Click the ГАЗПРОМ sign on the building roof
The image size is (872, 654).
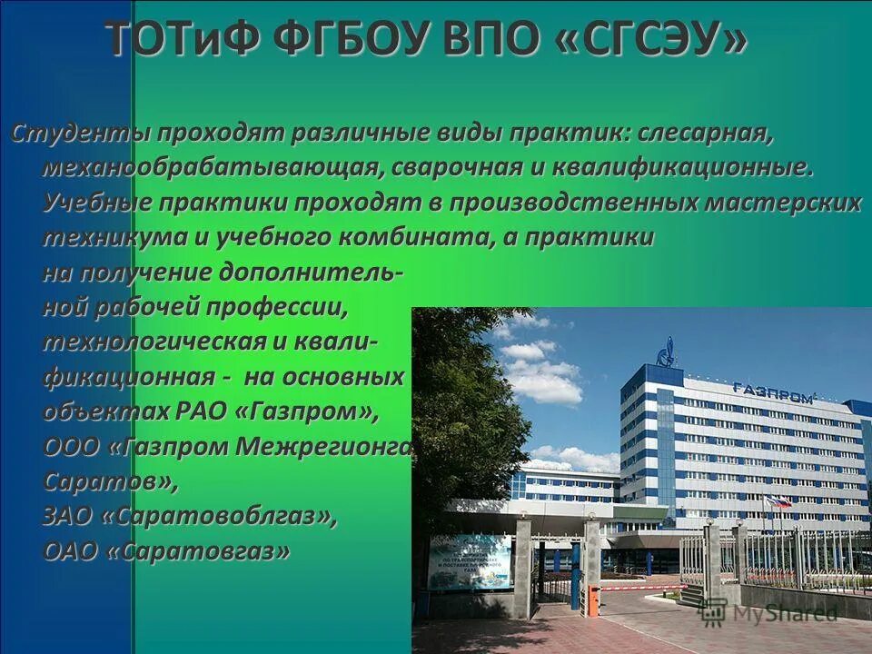772,390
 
